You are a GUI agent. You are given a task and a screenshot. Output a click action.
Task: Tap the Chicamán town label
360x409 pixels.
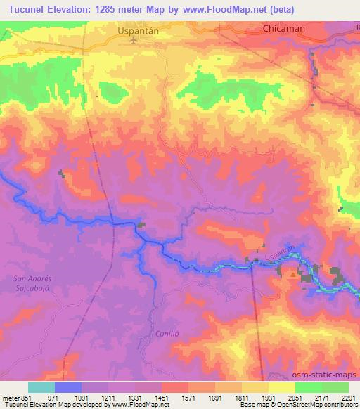click(283, 29)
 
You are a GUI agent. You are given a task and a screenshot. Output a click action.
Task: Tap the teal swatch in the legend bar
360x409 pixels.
click(41, 387)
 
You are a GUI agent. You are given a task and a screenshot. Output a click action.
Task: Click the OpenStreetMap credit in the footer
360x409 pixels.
click(317, 404)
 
